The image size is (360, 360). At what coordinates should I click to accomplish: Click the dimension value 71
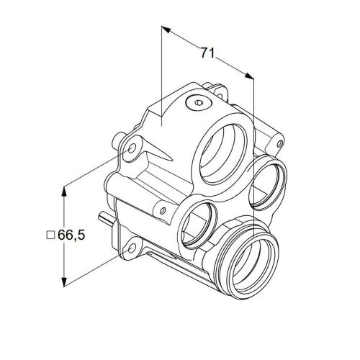[207, 53]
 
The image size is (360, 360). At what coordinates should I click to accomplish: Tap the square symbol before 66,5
[50, 235]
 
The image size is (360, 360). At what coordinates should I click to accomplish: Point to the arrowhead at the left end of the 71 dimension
[164, 30]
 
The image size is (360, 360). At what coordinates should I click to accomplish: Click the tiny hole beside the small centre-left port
[164, 210]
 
